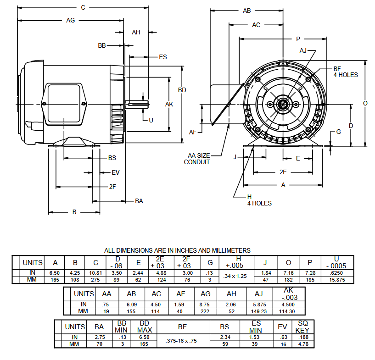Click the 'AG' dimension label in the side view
click(x=70, y=20)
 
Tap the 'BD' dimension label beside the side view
click(x=182, y=90)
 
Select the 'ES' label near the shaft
click(x=162, y=57)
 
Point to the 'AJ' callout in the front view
click(x=303, y=50)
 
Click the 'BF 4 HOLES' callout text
click(x=345, y=72)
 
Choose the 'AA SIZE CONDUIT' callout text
click(x=197, y=159)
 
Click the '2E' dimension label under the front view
click(x=283, y=172)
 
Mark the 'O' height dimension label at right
click(x=365, y=103)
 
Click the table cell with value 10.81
click(x=96, y=273)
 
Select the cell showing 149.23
click(x=260, y=311)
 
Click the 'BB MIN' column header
click(x=122, y=327)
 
